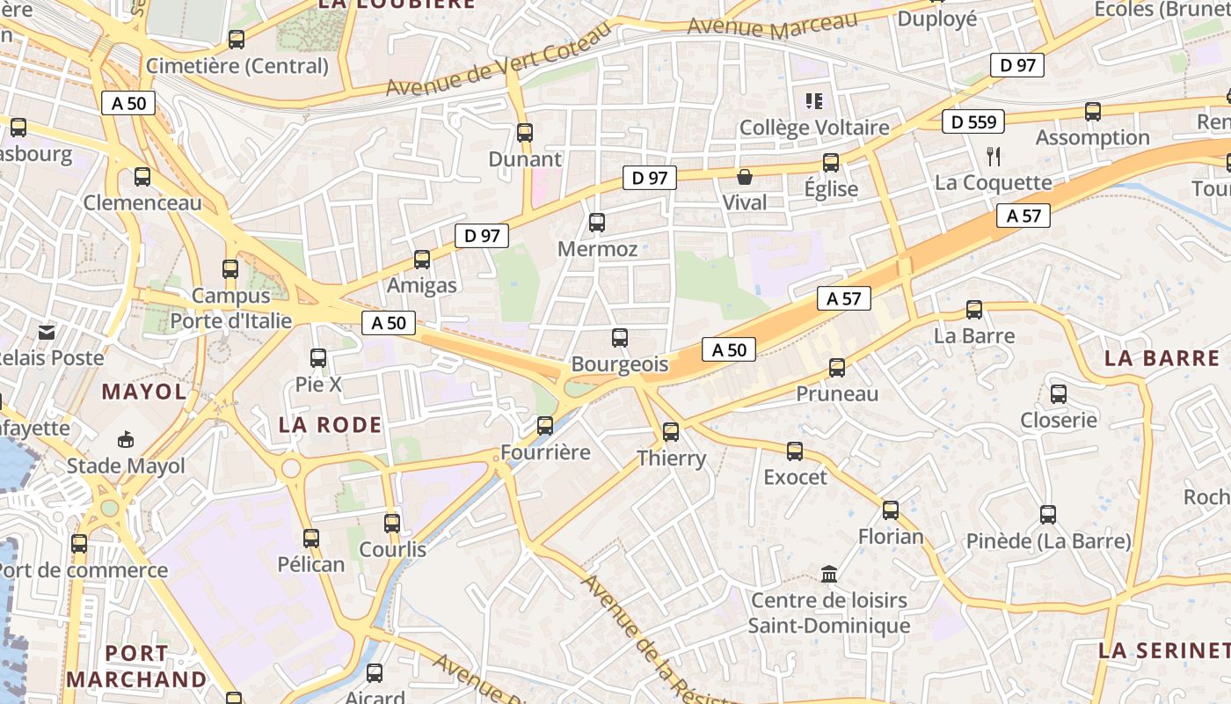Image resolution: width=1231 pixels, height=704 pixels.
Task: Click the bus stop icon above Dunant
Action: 525,133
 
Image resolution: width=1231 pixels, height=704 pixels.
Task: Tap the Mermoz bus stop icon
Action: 597,223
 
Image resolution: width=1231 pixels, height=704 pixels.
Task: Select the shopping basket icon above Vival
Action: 745,177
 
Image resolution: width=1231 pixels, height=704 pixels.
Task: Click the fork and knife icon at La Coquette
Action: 994,157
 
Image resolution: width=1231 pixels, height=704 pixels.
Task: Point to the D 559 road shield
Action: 973,121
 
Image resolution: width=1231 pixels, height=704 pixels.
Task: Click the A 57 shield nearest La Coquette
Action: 1023,216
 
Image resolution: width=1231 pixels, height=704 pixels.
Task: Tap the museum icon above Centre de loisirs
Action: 828,575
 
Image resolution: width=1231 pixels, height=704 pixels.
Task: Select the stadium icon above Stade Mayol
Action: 127,439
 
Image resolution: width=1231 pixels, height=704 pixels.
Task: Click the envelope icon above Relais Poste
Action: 46,332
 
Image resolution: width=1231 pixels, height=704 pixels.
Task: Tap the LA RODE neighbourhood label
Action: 331,425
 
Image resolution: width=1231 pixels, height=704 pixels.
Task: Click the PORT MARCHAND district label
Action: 136,666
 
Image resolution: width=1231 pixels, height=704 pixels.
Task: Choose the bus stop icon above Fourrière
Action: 545,426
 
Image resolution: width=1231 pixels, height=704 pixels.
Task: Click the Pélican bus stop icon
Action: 311,539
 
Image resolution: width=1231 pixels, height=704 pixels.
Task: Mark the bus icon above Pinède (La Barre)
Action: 1048,515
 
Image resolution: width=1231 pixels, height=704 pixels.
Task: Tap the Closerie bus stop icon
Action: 1059,394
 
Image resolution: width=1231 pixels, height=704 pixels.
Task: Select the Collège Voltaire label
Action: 814,128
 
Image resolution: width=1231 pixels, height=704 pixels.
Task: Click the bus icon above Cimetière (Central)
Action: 237,40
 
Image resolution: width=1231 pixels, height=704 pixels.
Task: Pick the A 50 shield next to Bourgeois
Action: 729,350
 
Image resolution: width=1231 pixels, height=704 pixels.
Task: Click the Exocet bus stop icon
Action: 795,451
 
